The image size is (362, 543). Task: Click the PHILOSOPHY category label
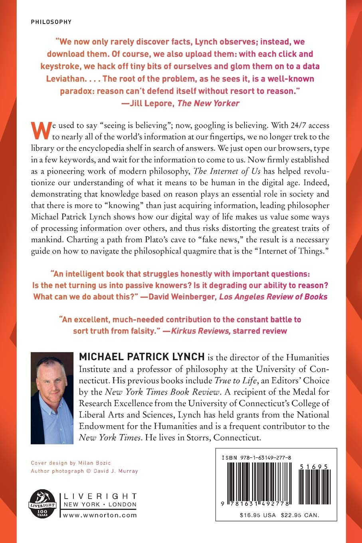pyautogui.click(x=51, y=22)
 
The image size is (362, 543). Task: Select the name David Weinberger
pyautogui.click(x=182, y=297)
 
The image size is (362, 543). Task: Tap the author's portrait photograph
pyautogui.click(x=52, y=398)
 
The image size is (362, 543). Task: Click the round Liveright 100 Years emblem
pyautogui.click(x=42, y=503)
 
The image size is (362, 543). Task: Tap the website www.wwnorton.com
pyautogui.click(x=100, y=515)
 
